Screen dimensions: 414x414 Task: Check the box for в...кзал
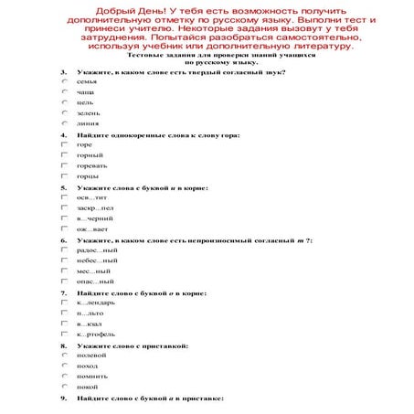[64, 324]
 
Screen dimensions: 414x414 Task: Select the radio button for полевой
[64, 355]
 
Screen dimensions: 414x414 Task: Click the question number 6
[64, 239]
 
